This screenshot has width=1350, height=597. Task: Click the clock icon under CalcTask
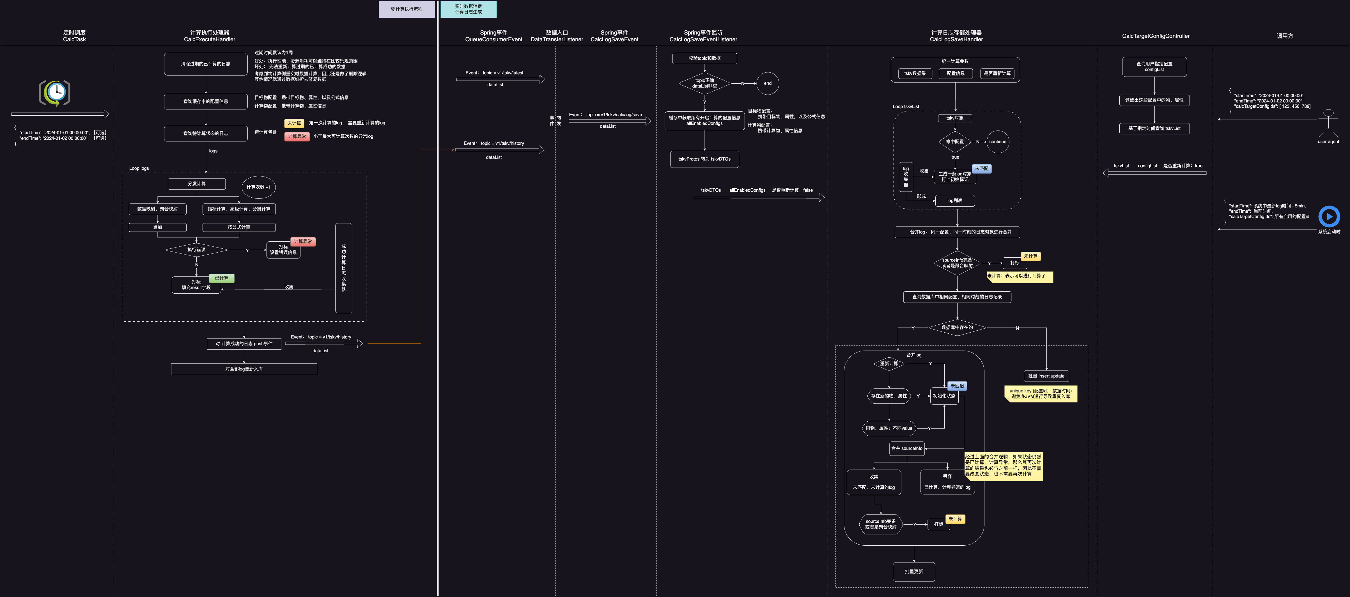click(x=55, y=93)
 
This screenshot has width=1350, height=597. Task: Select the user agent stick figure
click(x=1328, y=124)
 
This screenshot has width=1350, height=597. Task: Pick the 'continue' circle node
click(x=997, y=141)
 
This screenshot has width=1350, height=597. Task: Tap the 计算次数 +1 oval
click(x=258, y=187)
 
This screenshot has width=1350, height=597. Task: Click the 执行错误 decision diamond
click(x=197, y=250)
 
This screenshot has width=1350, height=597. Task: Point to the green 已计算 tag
click(x=222, y=278)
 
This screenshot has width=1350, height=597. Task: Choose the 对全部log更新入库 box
click(x=244, y=369)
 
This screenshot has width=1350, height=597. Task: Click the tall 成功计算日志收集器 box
click(x=343, y=268)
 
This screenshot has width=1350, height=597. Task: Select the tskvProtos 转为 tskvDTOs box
click(x=704, y=159)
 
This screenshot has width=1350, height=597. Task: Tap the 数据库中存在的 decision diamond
click(x=957, y=328)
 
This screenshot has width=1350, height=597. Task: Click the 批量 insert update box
click(x=1046, y=376)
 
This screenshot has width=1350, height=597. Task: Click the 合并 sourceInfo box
click(x=907, y=448)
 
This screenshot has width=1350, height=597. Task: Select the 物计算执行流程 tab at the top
click(x=407, y=9)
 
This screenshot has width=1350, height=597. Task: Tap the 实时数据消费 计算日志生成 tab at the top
click(x=468, y=9)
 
